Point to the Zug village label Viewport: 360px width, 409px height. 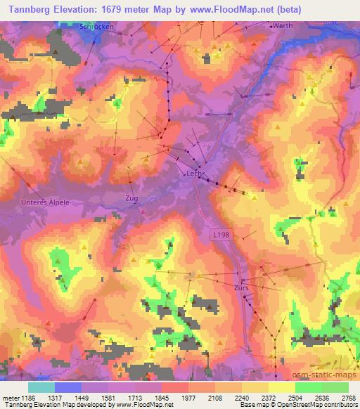131,198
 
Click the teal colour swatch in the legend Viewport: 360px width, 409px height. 41,387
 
